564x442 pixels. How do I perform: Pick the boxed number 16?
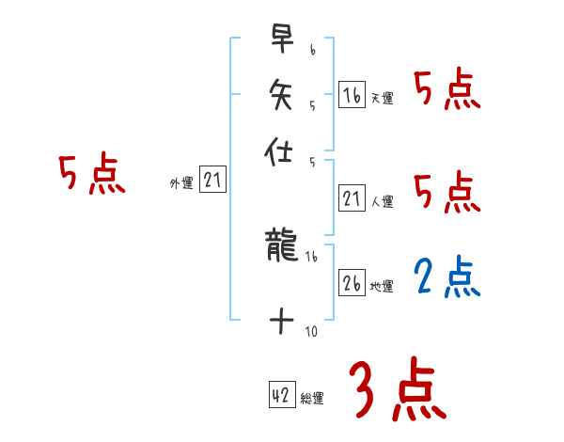tap(352, 95)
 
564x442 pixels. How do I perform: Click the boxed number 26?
tap(352, 283)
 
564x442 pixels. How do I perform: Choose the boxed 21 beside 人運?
tap(352, 198)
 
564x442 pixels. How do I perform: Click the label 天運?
tap(382, 98)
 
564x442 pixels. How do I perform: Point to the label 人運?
tap(382, 201)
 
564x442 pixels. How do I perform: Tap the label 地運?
tap(382, 286)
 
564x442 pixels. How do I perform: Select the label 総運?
tap(312, 399)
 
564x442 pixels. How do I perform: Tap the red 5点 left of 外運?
tap(91, 175)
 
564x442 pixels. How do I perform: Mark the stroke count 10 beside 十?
tap(311, 331)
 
